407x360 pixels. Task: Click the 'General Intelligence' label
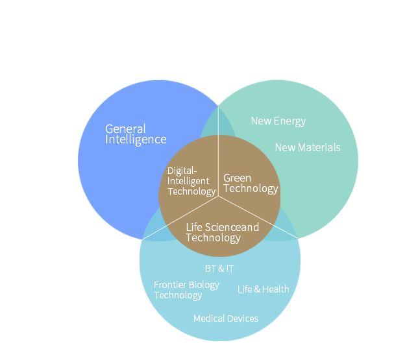click(x=136, y=134)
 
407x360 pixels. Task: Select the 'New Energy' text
click(x=278, y=121)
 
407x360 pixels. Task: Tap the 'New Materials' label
click(x=307, y=147)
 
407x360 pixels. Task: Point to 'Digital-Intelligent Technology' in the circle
click(x=191, y=181)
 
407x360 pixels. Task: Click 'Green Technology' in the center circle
click(x=250, y=183)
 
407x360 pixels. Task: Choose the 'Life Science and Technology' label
click(x=222, y=232)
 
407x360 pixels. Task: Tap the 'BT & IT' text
click(x=219, y=269)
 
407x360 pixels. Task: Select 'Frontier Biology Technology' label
click(x=186, y=290)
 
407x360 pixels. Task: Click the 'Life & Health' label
click(x=263, y=289)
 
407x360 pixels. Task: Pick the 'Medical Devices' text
click(x=226, y=318)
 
